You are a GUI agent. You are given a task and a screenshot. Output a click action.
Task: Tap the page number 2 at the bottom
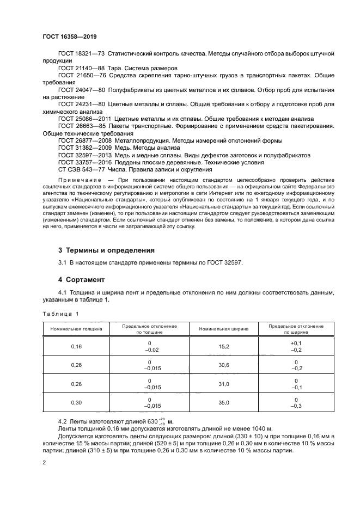[x=45, y=462]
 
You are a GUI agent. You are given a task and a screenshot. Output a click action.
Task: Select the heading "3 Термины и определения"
[x=106, y=250]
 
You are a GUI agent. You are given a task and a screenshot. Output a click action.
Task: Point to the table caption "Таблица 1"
[x=61, y=314]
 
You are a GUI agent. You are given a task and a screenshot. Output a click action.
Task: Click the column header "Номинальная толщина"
[x=76, y=329]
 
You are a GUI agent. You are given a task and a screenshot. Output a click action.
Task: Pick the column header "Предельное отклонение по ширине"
[x=296, y=329]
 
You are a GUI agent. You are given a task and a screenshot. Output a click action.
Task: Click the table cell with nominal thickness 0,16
[x=76, y=346]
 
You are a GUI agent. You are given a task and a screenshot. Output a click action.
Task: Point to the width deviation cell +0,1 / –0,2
[x=296, y=346]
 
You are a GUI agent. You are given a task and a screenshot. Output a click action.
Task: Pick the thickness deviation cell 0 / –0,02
[x=149, y=346]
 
